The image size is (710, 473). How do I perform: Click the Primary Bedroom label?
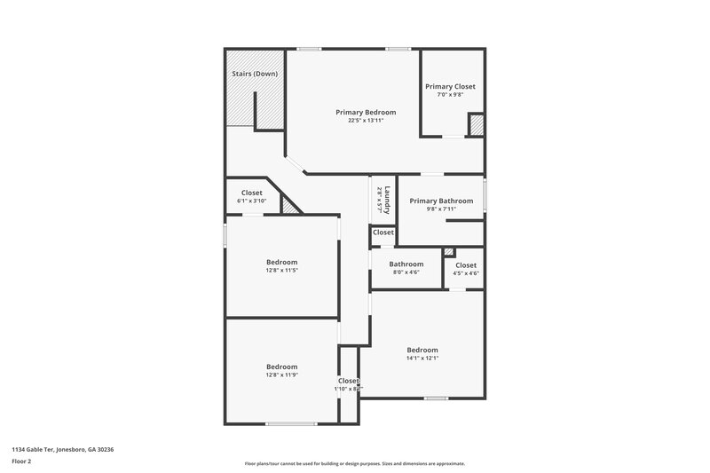coord(366,113)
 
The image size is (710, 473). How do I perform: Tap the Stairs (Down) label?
coord(255,74)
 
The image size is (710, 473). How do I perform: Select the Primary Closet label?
coord(450,86)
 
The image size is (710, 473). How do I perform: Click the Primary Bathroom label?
coord(441,201)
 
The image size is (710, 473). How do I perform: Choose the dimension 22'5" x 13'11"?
coord(366,121)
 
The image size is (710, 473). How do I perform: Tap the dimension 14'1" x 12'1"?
coord(422,358)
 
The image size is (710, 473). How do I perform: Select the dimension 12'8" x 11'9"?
coord(281,374)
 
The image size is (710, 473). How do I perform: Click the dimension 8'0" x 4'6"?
coord(406,272)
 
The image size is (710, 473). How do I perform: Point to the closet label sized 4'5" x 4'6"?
coord(466,265)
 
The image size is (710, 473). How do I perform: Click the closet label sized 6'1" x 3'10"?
coord(252,193)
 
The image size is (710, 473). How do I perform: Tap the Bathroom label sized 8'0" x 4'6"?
coord(406,264)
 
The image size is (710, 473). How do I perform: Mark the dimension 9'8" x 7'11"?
coord(441,209)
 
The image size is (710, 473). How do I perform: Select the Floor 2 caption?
coord(22,461)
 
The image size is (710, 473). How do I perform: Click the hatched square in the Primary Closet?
coord(477,125)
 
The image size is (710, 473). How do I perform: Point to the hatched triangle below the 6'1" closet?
coord(290,205)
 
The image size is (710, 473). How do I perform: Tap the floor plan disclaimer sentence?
coord(355,463)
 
